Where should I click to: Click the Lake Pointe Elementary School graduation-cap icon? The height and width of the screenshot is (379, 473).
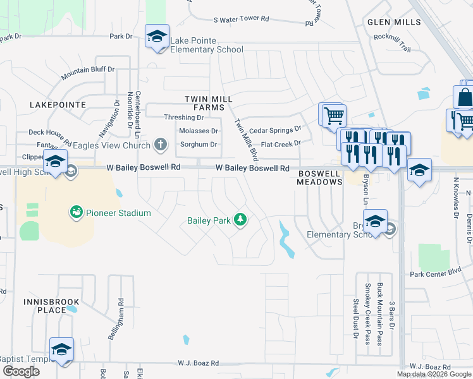(x=157, y=36)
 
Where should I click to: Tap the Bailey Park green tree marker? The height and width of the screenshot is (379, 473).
(x=240, y=220)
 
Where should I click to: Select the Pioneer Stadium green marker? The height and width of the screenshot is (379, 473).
(x=77, y=212)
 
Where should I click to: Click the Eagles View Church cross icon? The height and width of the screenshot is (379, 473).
(x=161, y=145)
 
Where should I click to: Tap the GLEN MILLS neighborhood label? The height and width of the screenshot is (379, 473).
(x=394, y=22)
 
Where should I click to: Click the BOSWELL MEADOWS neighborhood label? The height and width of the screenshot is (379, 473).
(x=319, y=176)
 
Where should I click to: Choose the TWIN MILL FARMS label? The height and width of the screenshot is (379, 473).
(x=209, y=104)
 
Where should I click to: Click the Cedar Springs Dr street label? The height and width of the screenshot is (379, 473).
(x=275, y=130)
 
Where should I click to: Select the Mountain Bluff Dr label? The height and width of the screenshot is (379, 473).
(x=88, y=73)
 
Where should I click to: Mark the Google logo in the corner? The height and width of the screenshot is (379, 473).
(x=20, y=371)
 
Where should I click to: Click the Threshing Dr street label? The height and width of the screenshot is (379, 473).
(x=183, y=117)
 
